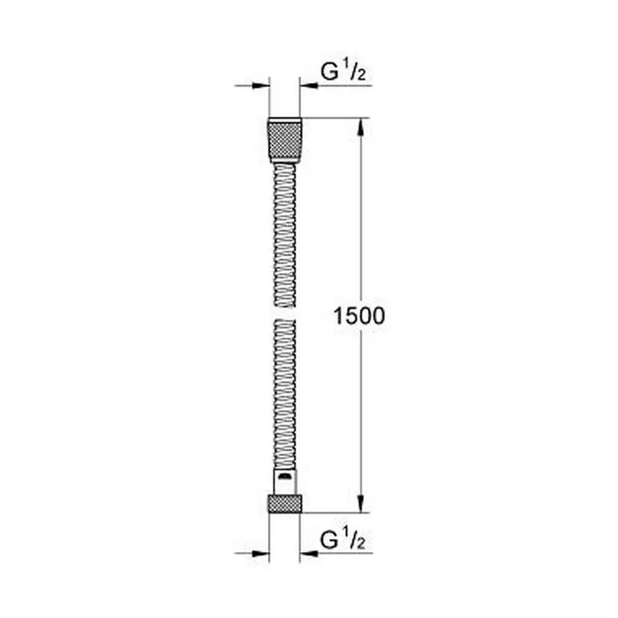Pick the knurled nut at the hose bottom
[284, 503]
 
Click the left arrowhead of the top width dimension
[261, 86]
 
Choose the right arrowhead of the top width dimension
[307, 86]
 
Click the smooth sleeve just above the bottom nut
[284, 481]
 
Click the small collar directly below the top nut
[284, 163]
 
